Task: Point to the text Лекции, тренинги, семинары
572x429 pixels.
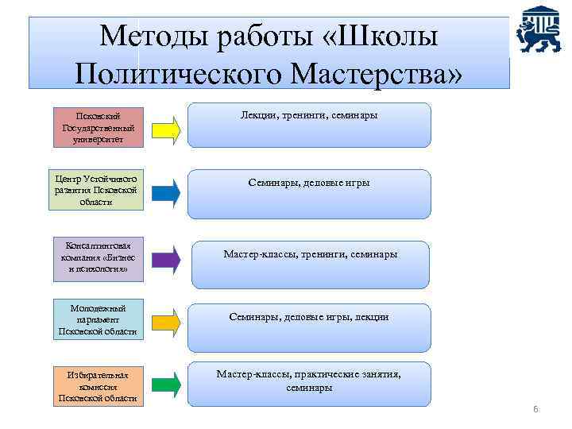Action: click(309, 115)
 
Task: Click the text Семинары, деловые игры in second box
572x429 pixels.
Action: click(309, 183)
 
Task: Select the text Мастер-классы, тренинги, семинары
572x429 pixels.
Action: click(310, 254)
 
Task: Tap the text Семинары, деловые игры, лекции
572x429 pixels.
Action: click(309, 316)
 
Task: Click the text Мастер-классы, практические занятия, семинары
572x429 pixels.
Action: click(309, 381)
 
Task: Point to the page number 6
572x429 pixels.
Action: click(535, 409)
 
